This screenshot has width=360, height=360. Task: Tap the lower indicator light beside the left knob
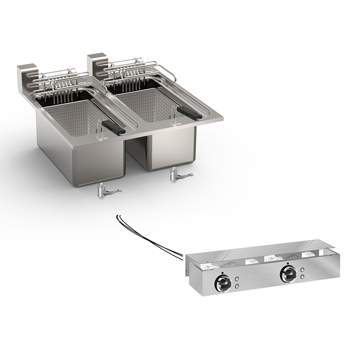click(x=237, y=286)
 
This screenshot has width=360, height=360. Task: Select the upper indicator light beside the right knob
click(x=302, y=269)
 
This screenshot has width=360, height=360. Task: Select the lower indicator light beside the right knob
click(x=302, y=277)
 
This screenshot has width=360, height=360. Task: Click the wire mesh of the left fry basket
click(x=72, y=115)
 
